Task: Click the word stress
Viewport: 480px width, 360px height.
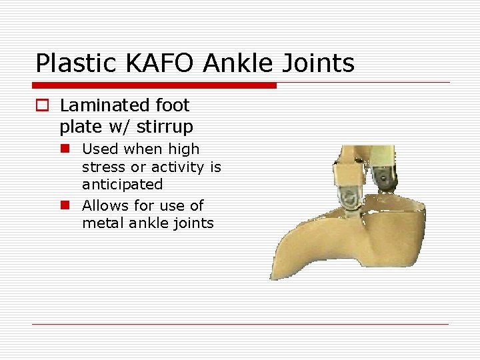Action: [102, 167]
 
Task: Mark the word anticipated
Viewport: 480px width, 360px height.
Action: [122, 184]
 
